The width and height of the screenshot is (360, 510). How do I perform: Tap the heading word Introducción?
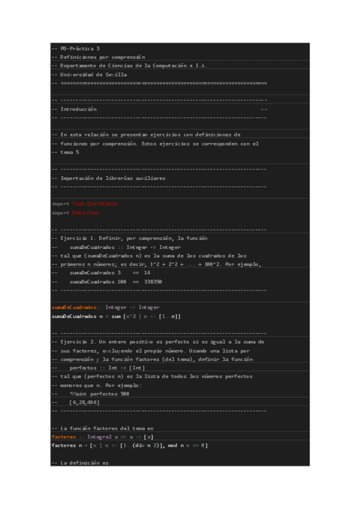pyautogui.click(x=78, y=109)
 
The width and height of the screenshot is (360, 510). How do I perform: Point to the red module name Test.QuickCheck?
pyautogui.click(x=94, y=204)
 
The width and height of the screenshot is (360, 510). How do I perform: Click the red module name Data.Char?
pyautogui.click(x=86, y=212)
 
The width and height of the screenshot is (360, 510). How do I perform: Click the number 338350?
pyautogui.click(x=153, y=281)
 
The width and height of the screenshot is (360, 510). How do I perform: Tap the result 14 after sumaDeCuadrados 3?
pyautogui.click(x=147, y=272)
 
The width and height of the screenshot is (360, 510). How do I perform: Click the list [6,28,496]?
pyautogui.click(x=85, y=402)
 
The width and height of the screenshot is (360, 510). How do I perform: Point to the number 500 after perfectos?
pyautogui.click(x=124, y=393)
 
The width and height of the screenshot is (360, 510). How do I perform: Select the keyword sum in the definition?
pyautogui.click(x=115, y=316)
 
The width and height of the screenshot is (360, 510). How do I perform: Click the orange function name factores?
pyautogui.click(x=64, y=437)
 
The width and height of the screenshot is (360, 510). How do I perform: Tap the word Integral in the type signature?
pyautogui.click(x=99, y=437)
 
